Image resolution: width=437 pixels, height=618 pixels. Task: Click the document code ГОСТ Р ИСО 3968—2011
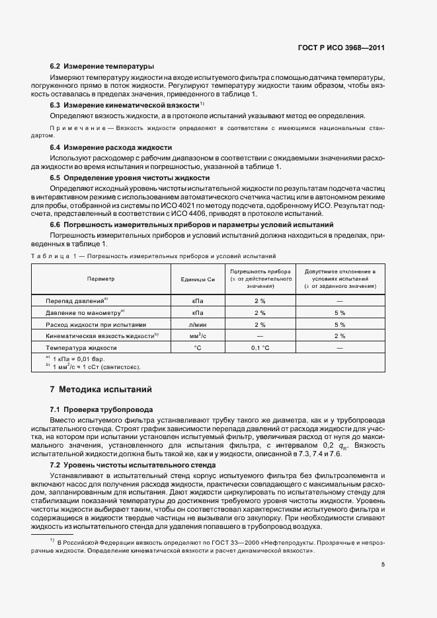tap(346, 48)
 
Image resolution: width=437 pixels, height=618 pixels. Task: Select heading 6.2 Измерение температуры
tap(102, 67)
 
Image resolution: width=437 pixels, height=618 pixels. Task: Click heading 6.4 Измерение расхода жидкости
tap(111, 148)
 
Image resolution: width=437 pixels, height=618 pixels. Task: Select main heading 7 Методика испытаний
tap(101, 390)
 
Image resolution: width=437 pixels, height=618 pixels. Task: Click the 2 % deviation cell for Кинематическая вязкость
tap(340, 336)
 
